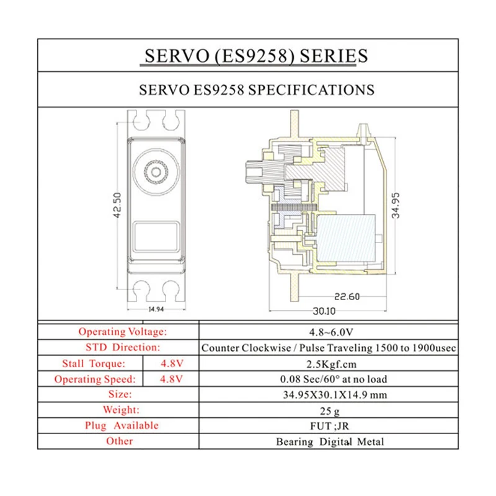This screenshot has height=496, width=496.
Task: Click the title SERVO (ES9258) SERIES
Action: [x=255, y=56]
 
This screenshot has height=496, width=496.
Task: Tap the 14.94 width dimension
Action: [x=156, y=308]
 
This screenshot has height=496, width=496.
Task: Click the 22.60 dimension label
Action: [x=345, y=297]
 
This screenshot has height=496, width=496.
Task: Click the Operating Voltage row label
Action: [x=122, y=332]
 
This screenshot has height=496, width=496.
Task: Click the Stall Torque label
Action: [x=93, y=363]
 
